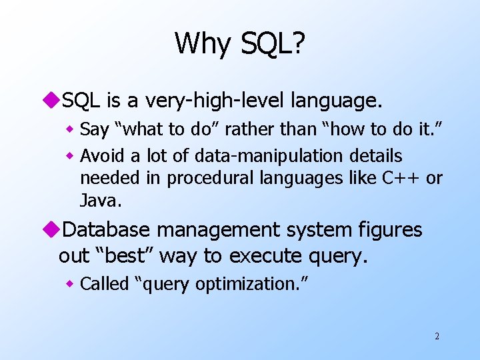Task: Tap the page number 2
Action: tap(437, 336)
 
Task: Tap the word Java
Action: tap(97, 199)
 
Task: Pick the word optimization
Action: tap(253, 285)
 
